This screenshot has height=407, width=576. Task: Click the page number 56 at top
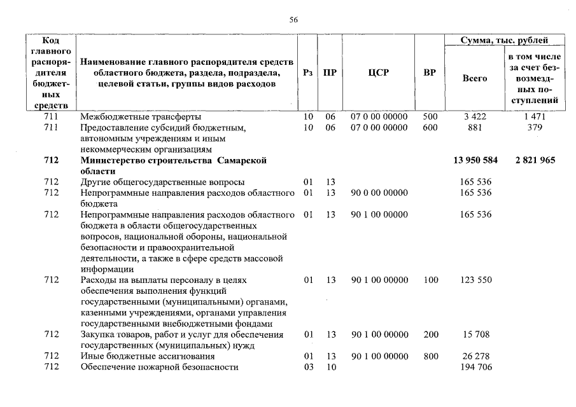293,20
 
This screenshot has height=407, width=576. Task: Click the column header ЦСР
378,73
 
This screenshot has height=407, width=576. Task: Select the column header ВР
430,73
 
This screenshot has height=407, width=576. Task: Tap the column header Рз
308,73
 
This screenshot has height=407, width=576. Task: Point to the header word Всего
475,78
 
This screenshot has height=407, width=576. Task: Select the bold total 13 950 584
475,160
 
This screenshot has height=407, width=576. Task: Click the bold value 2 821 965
535,160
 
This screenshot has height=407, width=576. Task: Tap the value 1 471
535,117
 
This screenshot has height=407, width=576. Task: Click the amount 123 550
475,280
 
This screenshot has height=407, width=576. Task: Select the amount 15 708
475,335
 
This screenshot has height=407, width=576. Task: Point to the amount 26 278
475,356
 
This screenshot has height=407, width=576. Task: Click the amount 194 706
475,367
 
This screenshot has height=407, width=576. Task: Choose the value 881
475,127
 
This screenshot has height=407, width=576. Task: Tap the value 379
535,127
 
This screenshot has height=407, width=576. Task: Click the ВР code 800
430,356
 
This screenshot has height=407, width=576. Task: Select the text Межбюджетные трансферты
141,117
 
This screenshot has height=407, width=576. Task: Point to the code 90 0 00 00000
379,193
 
